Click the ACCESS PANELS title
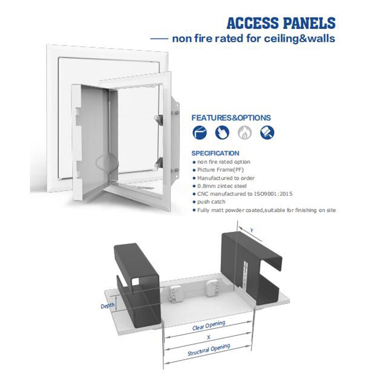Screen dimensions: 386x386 point(281,23)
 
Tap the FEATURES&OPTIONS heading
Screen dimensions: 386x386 point(231,118)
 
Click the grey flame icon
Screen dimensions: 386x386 point(244,133)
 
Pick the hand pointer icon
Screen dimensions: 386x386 point(222,133)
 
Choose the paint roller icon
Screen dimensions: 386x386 point(267,133)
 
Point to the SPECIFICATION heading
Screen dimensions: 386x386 point(215,153)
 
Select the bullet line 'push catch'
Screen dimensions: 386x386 point(212,202)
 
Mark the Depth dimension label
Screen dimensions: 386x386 point(108,306)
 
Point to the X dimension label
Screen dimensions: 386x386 point(208,337)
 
